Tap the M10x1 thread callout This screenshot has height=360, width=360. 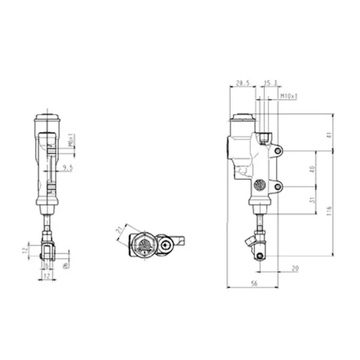pyautogui.click(x=289, y=95)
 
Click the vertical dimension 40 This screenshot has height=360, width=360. pyautogui.click(x=311, y=169)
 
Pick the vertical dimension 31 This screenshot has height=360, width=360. pyautogui.click(x=311, y=200)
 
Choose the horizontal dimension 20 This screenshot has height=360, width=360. pyautogui.click(x=295, y=268)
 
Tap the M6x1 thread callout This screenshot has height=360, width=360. pyautogui.click(x=71, y=140)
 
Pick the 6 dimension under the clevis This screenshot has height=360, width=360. pyautogui.click(x=48, y=264)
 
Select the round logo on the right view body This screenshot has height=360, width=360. pyautogui.click(x=259, y=185)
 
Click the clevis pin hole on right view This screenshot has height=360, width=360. pyautogui.click(x=259, y=256)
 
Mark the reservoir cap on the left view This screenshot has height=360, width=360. pyautogui.click(x=48, y=117)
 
